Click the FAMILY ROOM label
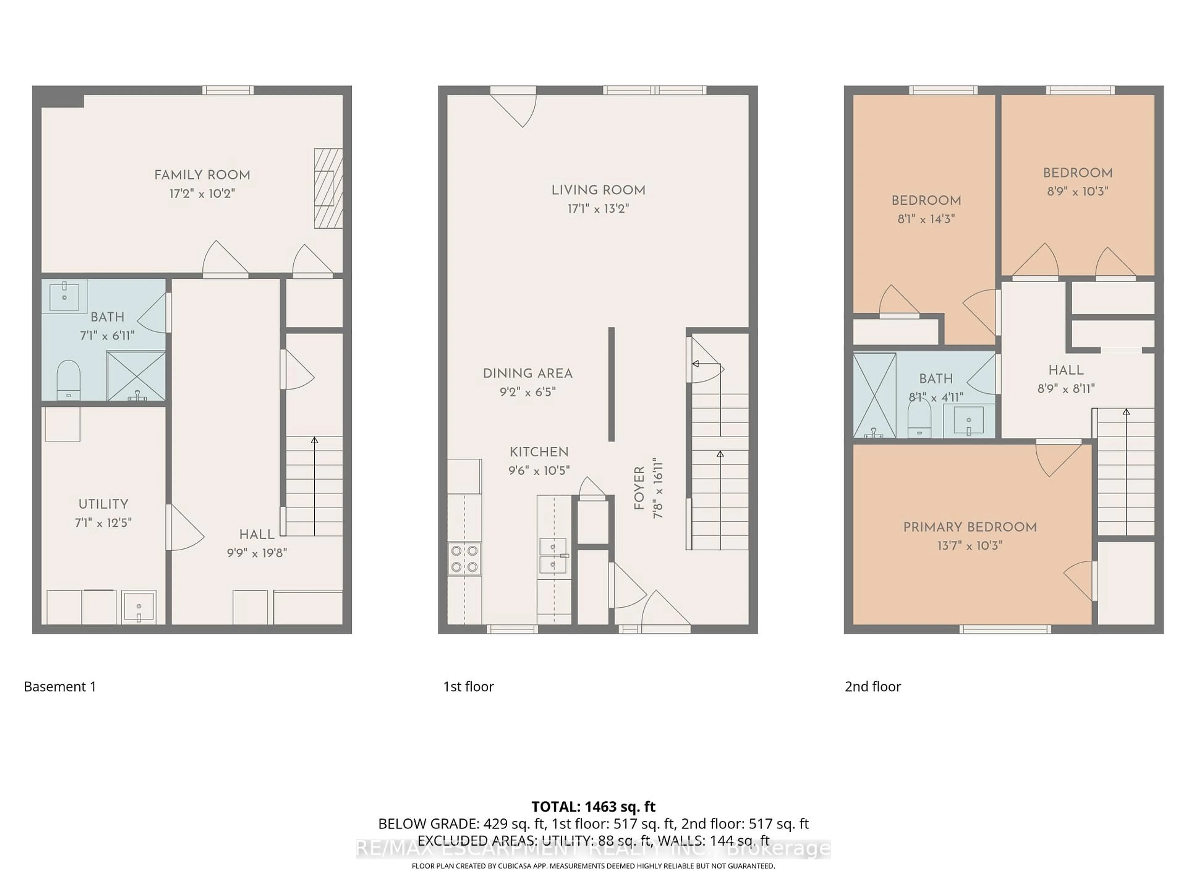point(202,175)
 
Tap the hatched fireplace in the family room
point(328,188)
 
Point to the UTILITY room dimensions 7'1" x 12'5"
point(103,523)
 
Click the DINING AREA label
point(527,373)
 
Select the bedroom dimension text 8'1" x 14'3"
point(926,219)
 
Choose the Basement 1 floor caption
point(60,687)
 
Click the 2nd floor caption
point(873,687)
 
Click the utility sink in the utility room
point(138,607)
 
